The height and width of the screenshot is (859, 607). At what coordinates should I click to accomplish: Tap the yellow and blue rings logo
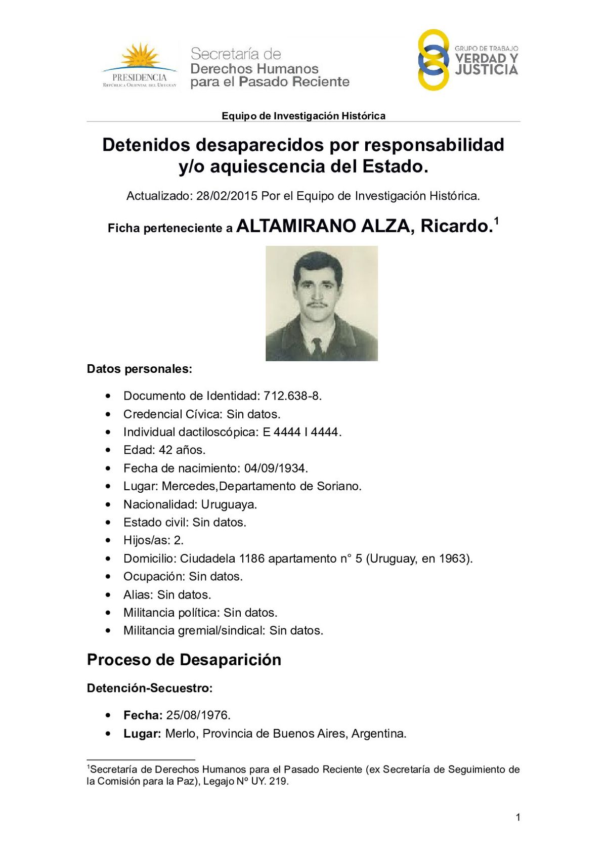click(x=433, y=60)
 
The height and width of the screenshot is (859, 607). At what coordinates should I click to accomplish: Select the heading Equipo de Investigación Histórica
click(x=303, y=116)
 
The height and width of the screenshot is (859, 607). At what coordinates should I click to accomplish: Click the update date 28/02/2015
click(x=227, y=196)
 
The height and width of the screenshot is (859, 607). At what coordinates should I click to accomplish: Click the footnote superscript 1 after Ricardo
click(x=497, y=221)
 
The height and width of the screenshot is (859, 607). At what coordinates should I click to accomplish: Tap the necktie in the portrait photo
click(x=317, y=347)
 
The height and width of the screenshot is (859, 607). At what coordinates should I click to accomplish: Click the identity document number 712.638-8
click(x=292, y=396)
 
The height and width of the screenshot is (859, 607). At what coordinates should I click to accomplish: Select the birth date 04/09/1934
click(x=276, y=468)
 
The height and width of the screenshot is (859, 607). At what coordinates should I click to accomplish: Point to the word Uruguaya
click(x=229, y=504)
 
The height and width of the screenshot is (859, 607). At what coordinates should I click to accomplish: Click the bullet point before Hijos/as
click(x=108, y=540)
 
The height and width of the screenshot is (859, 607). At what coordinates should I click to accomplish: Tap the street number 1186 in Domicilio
click(x=251, y=559)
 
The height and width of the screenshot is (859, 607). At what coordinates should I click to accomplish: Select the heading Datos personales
click(x=140, y=369)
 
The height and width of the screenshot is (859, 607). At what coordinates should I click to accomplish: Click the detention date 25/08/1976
click(x=198, y=715)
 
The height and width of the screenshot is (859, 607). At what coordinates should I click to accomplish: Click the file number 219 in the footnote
click(x=278, y=781)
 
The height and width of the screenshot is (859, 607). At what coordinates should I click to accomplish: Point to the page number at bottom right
click(x=517, y=817)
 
